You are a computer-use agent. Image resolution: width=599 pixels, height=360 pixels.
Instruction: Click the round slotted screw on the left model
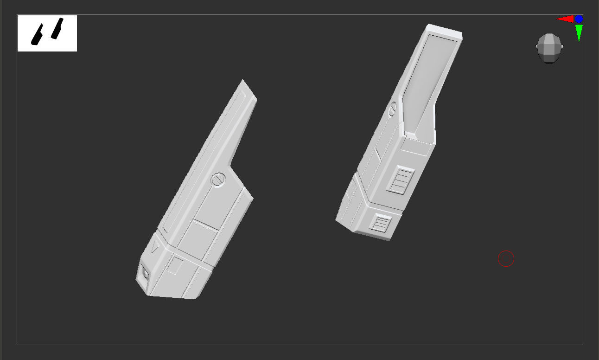pyautogui.click(x=218, y=179)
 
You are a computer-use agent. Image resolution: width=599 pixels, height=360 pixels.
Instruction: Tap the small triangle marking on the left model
pyautogui.click(x=154, y=246)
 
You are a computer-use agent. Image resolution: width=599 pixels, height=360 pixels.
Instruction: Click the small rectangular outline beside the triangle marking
pyautogui.click(x=175, y=265)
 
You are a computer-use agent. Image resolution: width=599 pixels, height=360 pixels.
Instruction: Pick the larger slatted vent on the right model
pyautogui.click(x=401, y=180)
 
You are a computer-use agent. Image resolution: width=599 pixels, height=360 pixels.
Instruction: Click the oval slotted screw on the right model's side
pyautogui.click(x=393, y=109)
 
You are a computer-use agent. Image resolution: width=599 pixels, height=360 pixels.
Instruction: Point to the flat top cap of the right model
pyautogui.click(x=445, y=31)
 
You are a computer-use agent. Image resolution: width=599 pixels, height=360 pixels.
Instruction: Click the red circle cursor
pyautogui.click(x=506, y=258)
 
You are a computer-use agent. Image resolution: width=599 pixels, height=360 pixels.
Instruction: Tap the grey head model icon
pyautogui.click(x=549, y=48)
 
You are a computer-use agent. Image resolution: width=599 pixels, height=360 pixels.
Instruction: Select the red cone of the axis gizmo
pyautogui.click(x=565, y=19)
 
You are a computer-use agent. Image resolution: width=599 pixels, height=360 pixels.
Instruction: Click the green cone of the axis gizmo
pyautogui.click(x=579, y=33)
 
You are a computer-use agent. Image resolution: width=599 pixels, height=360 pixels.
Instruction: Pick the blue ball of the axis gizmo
pyautogui.click(x=579, y=19)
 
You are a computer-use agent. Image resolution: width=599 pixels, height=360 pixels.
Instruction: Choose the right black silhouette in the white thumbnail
pyautogui.click(x=57, y=28)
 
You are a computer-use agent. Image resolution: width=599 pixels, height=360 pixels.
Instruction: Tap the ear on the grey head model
pyautogui.click(x=561, y=47)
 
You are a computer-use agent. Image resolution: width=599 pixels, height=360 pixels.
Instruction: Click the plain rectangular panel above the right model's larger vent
pyautogui.click(x=416, y=147)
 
